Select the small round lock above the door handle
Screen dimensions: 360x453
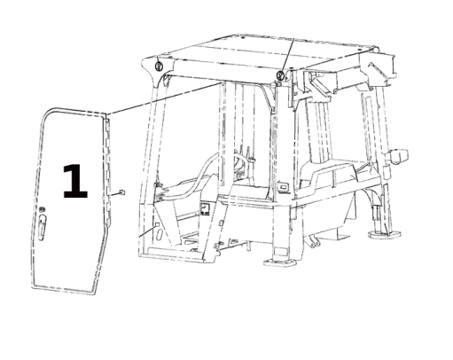point(42,209)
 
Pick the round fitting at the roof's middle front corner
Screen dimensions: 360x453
point(281,75)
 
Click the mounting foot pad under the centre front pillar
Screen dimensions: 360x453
point(277,262)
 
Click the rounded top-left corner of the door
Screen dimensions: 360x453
point(51,111)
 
